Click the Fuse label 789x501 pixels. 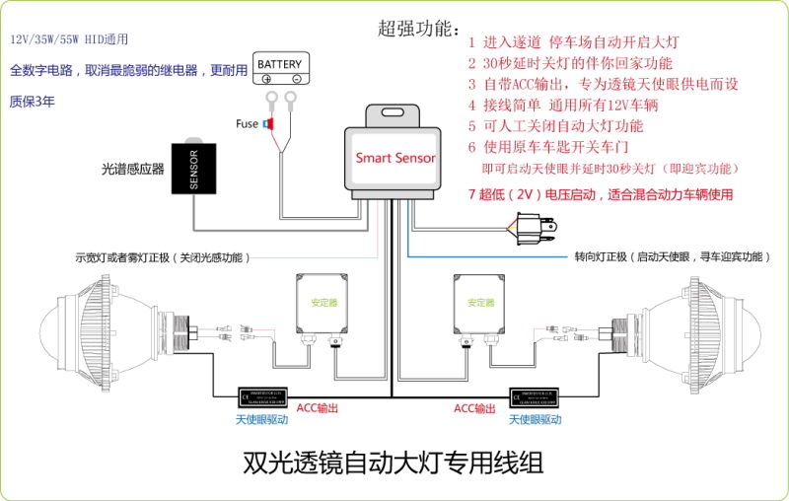[x=247, y=123]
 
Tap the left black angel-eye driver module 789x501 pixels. [x=261, y=397]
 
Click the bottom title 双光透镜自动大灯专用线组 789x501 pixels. [x=393, y=462]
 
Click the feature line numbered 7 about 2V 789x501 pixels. [x=601, y=194]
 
